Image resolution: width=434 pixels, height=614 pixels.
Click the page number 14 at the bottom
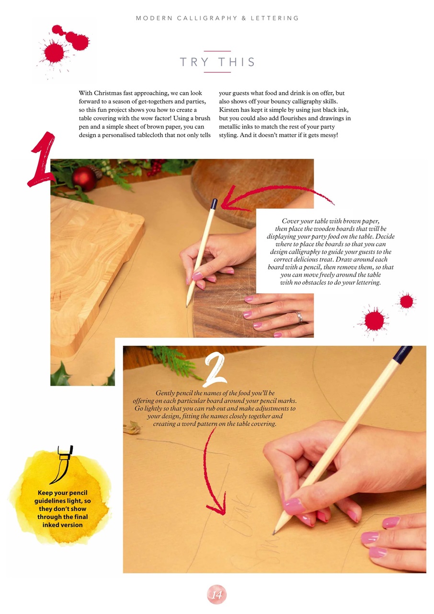217,594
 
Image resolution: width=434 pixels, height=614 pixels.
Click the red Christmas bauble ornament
84,178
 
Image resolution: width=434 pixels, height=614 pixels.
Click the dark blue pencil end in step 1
214,204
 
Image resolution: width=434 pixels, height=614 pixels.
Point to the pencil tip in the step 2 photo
274,533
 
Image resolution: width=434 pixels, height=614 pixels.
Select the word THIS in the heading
237,62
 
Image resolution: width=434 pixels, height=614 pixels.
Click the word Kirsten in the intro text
229,110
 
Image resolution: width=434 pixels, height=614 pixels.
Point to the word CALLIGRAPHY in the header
207,18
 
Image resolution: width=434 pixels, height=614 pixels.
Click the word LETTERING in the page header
274,18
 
